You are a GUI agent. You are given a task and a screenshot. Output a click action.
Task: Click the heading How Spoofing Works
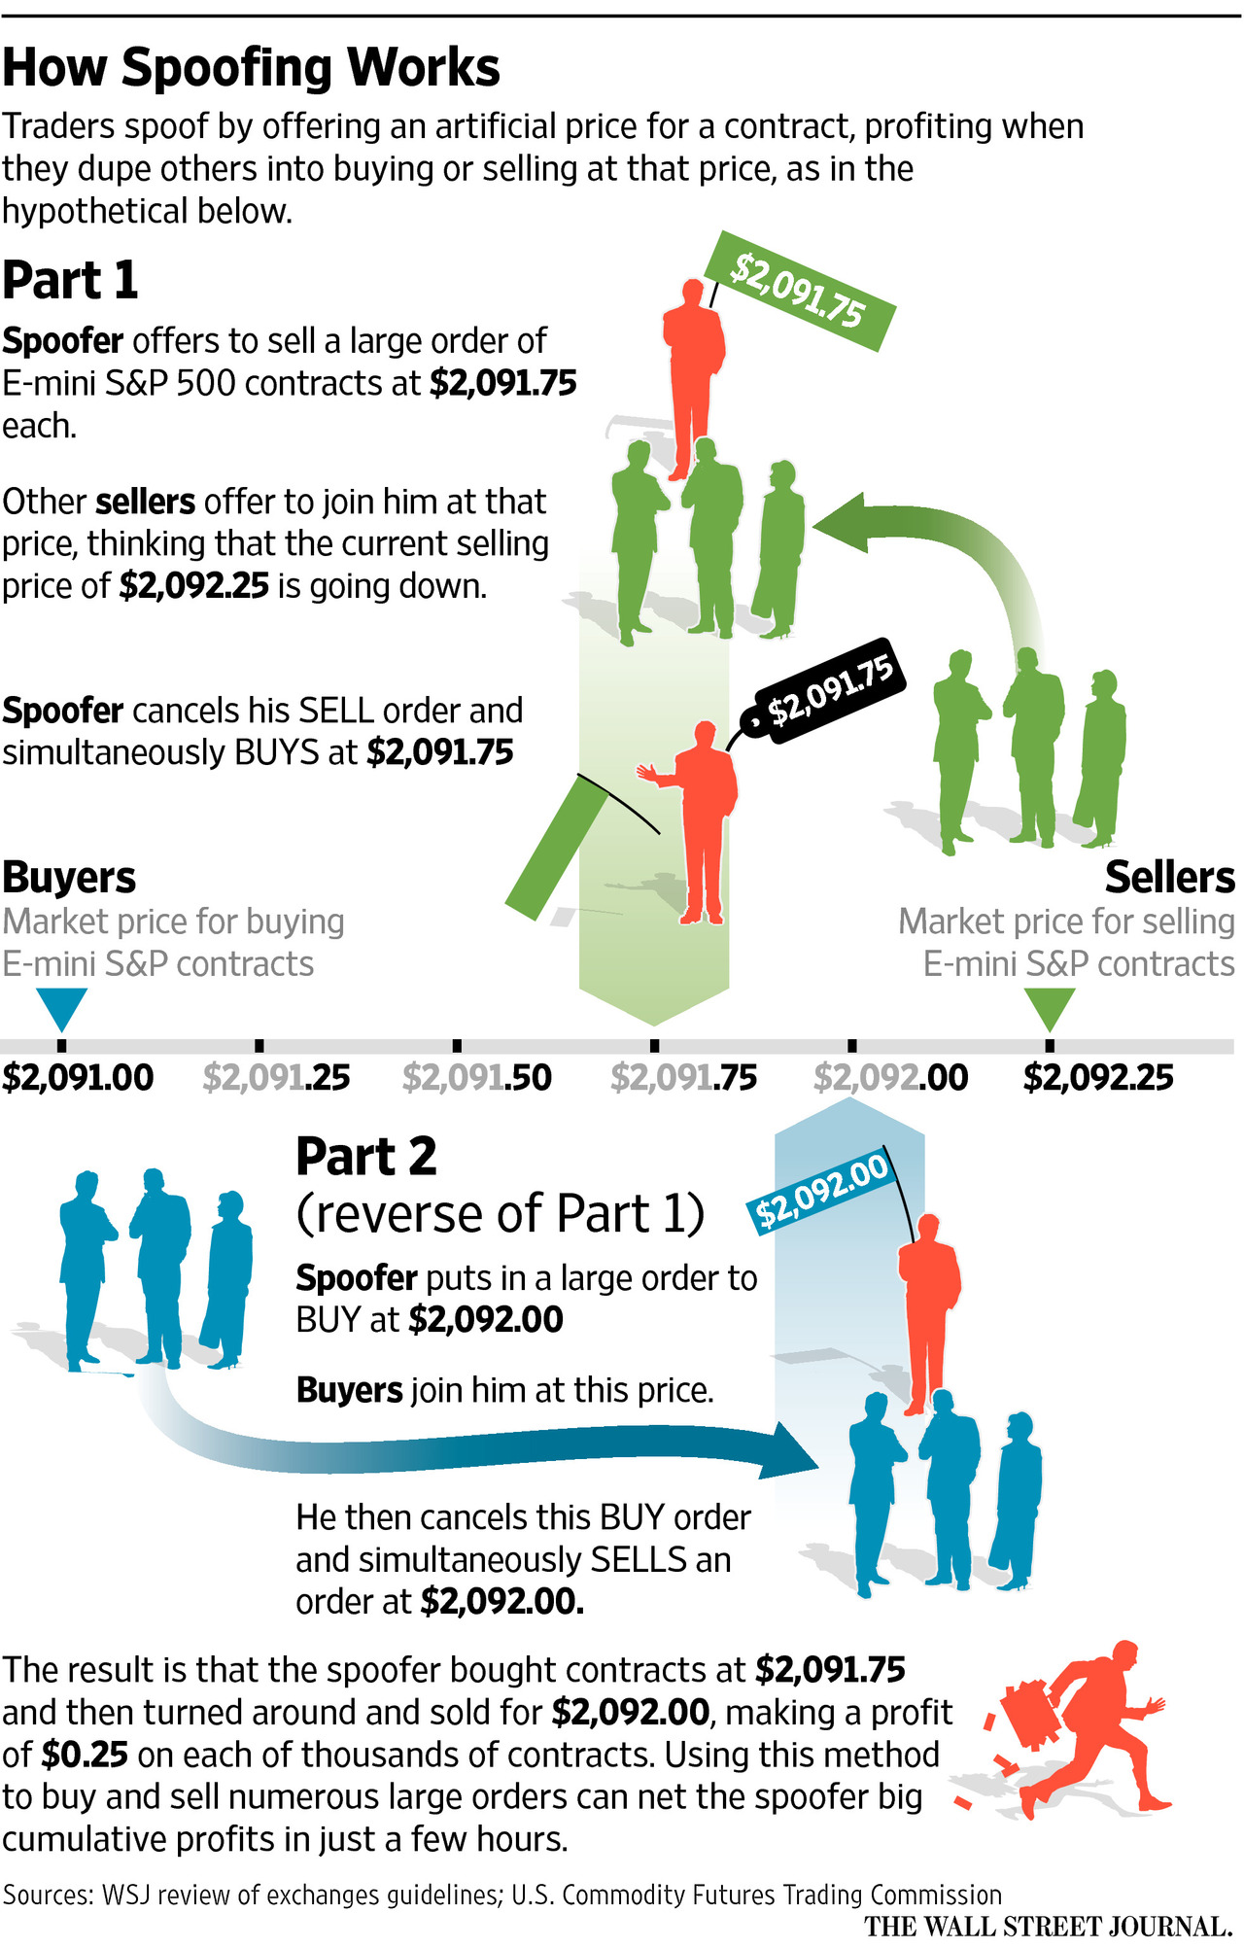(x=251, y=68)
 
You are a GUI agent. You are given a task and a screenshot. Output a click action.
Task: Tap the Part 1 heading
(x=70, y=281)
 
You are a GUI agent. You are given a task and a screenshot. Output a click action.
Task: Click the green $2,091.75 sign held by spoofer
(x=798, y=291)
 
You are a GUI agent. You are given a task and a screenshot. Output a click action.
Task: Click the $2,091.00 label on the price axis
(x=78, y=1078)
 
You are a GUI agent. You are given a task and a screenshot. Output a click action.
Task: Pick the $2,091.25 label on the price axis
(x=276, y=1078)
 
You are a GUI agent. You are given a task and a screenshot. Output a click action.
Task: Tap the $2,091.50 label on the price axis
(x=476, y=1078)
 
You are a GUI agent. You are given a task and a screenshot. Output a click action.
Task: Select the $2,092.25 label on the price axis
(x=1098, y=1078)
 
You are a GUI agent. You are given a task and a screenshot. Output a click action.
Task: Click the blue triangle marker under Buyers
(x=61, y=1007)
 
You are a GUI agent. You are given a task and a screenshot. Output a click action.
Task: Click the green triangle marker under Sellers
(x=1050, y=1007)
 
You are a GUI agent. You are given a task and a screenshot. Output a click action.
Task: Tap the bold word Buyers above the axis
(x=69, y=878)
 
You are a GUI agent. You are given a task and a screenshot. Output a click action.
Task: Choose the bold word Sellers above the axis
(x=1169, y=878)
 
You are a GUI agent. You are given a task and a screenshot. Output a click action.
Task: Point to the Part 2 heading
(x=366, y=1158)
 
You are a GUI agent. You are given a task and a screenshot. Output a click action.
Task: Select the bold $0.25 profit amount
(x=85, y=1755)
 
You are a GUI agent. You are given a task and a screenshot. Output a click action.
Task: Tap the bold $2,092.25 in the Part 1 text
(x=193, y=587)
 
